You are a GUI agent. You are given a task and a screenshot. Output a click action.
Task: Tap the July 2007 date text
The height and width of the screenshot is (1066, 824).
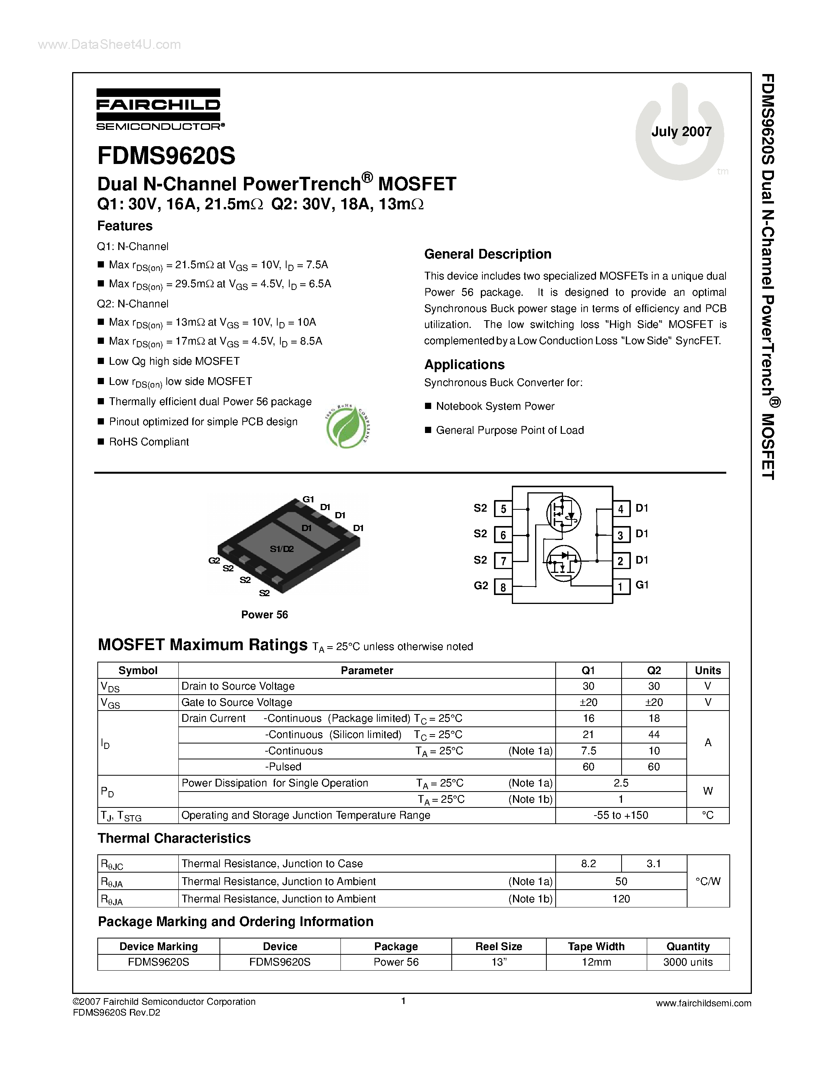click(681, 132)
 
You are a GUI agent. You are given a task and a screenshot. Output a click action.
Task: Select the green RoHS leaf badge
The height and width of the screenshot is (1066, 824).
click(347, 426)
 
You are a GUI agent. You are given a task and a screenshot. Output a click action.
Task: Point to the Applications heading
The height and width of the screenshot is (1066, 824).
click(464, 365)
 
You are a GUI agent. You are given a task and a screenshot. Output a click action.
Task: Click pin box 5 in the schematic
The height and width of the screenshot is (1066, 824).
click(503, 509)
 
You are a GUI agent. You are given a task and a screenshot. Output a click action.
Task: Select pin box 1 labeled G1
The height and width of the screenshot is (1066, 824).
click(620, 586)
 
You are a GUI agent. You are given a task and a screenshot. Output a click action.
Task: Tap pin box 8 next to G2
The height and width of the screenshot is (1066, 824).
click(503, 587)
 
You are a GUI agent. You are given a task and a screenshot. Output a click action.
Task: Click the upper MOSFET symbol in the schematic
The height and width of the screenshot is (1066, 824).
click(563, 514)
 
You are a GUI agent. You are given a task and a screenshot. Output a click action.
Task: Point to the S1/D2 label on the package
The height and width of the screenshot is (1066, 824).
click(282, 549)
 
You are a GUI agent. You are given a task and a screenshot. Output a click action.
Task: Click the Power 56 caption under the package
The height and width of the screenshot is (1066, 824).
click(264, 614)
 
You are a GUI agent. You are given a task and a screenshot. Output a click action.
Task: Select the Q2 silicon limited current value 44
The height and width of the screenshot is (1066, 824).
click(654, 735)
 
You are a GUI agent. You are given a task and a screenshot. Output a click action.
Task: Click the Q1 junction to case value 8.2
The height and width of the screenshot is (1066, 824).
click(588, 863)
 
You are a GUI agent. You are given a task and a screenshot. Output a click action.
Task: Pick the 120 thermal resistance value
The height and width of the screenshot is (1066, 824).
click(621, 899)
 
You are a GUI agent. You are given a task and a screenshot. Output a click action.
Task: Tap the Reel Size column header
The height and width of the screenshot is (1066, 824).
click(498, 947)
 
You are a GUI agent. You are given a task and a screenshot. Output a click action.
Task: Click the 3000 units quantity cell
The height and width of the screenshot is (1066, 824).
click(688, 962)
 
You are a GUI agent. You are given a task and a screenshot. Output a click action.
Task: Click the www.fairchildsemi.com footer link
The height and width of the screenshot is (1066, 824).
click(703, 1004)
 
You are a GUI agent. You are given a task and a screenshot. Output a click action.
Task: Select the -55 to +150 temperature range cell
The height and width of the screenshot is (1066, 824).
click(620, 815)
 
